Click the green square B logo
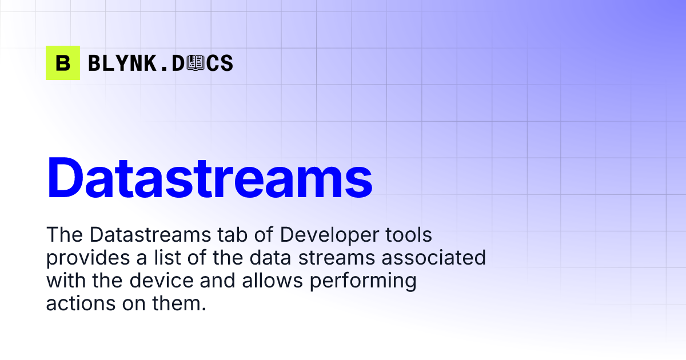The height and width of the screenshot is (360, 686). click(x=63, y=63)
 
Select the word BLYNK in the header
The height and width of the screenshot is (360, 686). click(x=121, y=63)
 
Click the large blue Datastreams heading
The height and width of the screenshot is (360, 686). click(x=209, y=177)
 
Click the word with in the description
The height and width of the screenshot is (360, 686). click(x=63, y=281)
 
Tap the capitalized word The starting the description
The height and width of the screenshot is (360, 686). click(x=64, y=235)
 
